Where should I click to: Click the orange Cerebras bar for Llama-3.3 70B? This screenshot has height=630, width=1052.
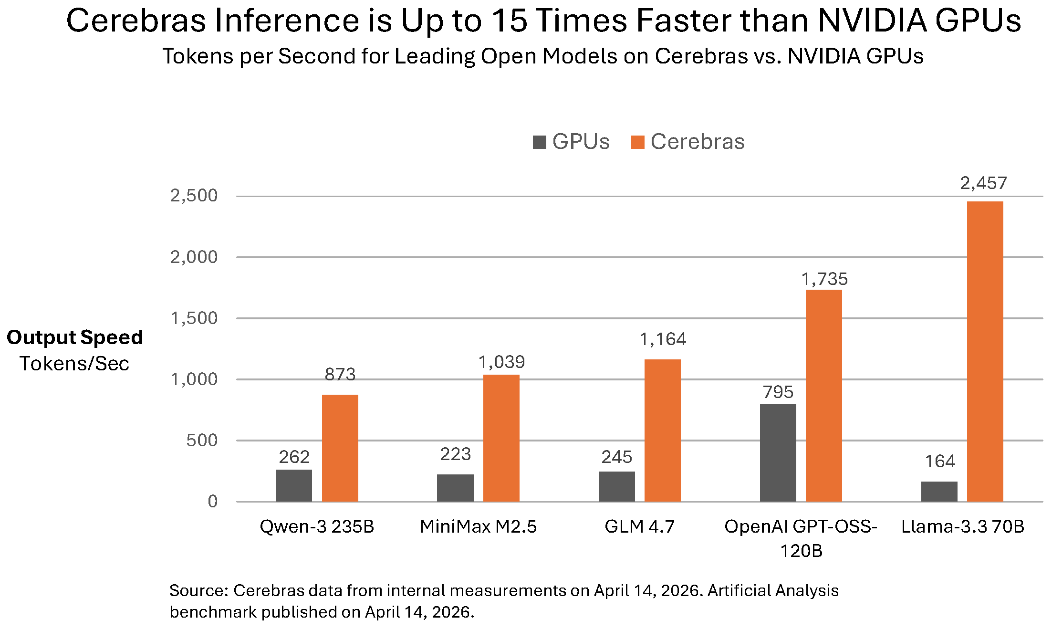point(985,351)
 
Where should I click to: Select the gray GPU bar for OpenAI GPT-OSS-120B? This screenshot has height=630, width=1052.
point(778,452)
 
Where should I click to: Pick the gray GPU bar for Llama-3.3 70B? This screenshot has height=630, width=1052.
point(939,492)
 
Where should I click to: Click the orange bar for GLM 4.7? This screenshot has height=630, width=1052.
point(662,430)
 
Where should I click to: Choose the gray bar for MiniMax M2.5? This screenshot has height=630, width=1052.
point(455,488)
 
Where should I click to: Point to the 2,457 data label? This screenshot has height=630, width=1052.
point(983,183)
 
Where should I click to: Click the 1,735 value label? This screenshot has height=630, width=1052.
point(824,279)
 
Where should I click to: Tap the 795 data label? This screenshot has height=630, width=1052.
point(778,392)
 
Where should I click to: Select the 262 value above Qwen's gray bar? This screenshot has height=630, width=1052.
point(294,457)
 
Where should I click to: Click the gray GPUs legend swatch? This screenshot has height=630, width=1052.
point(539,142)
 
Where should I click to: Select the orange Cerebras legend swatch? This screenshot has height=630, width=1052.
point(637,142)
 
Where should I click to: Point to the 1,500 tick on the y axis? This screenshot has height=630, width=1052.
point(194,318)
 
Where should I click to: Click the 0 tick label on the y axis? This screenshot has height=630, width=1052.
point(213,502)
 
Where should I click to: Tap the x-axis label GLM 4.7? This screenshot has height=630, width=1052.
point(639,526)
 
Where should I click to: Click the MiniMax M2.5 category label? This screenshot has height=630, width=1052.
point(478,526)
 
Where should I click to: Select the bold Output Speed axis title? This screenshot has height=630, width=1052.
point(75,337)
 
